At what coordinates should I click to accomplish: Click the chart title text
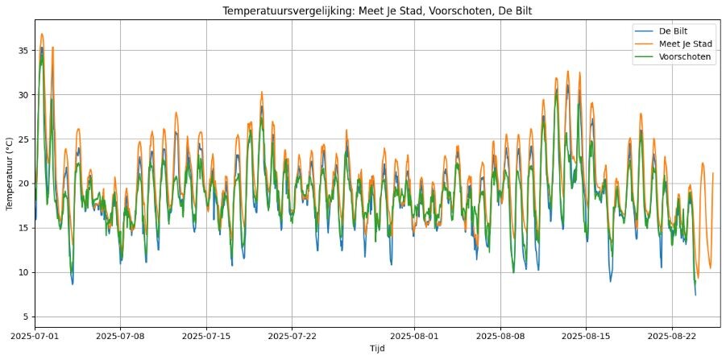(x=377, y=10)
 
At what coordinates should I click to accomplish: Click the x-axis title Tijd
(x=377, y=349)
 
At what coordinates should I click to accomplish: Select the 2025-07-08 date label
(x=120, y=334)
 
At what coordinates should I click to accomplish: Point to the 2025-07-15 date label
(x=206, y=334)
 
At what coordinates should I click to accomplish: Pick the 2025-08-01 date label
(x=414, y=334)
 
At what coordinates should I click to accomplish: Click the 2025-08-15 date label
(x=586, y=334)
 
